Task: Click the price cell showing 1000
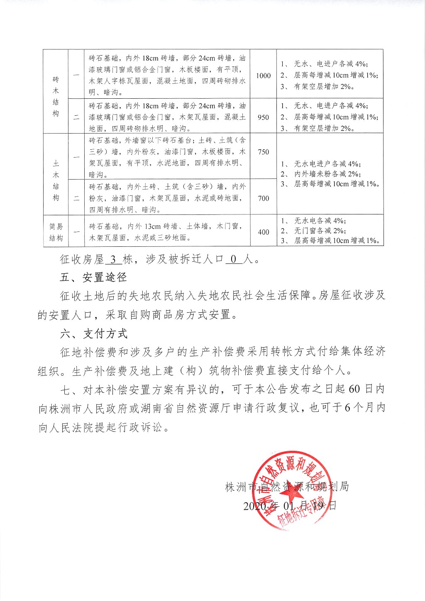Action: (x=263, y=75)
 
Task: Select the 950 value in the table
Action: (x=263, y=117)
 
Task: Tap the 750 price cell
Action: (x=263, y=152)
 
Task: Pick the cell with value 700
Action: (x=263, y=198)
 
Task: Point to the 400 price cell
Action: (x=263, y=232)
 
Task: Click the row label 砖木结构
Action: (x=56, y=96)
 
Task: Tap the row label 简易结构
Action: (x=56, y=232)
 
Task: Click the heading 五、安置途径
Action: (x=93, y=277)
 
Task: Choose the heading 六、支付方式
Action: (x=93, y=333)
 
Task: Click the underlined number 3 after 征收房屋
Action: (x=113, y=259)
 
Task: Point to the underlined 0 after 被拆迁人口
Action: (x=233, y=259)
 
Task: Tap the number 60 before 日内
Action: (x=354, y=389)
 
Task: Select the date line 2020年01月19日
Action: (x=289, y=506)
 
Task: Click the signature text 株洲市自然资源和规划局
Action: (x=287, y=487)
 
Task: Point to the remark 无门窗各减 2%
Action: (x=320, y=231)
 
